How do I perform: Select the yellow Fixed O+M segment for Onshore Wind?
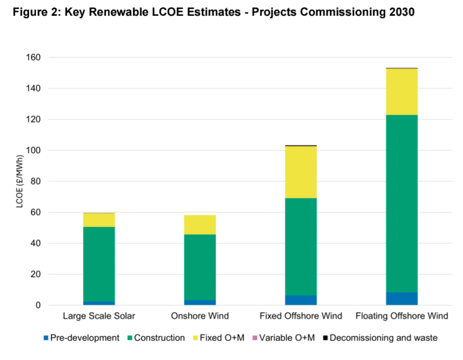(x=200, y=225)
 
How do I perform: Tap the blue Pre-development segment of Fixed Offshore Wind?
(x=301, y=300)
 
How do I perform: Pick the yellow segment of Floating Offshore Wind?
(x=402, y=92)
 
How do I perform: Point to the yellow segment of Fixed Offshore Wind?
(x=301, y=172)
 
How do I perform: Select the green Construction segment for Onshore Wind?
(x=200, y=267)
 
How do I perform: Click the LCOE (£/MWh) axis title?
(x=20, y=181)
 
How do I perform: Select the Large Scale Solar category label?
(x=99, y=316)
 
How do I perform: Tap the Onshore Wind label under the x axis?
(x=200, y=316)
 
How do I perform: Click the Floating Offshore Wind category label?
(x=402, y=316)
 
